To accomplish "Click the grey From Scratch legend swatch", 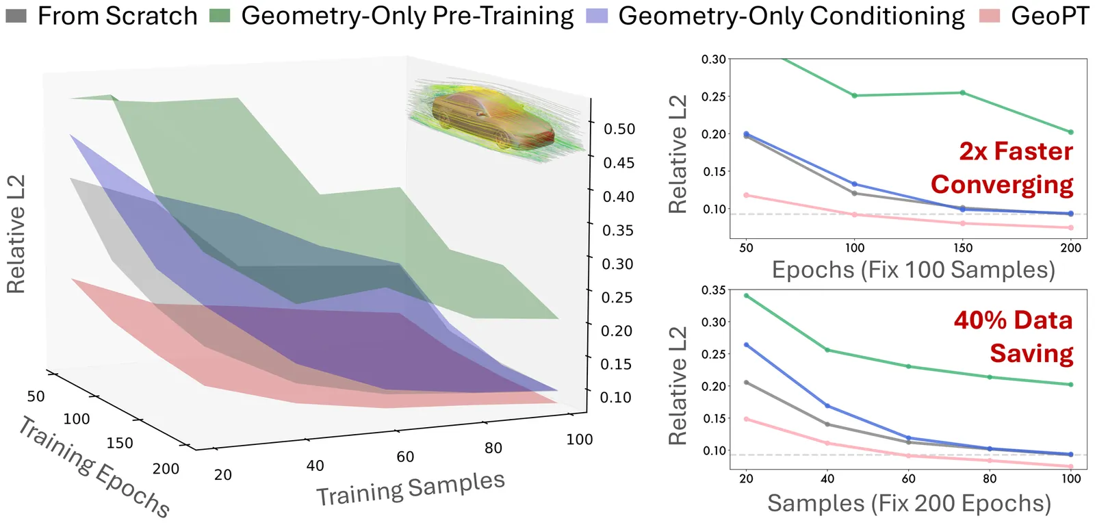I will coord(16,15).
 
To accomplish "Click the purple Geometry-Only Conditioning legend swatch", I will coord(597,15).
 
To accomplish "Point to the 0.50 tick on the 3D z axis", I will coord(619,129).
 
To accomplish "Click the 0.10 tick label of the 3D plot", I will coord(616,397).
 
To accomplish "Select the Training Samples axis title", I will coord(410,488).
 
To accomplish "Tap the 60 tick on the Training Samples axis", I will coord(405,457).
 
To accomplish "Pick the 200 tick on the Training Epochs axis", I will coord(166,469).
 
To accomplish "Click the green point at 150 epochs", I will coord(963,92).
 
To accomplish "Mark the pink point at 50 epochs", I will coord(746,195).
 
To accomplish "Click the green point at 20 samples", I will coord(746,296).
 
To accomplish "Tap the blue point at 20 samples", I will coord(746,345).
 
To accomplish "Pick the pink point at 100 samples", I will coord(1071,467).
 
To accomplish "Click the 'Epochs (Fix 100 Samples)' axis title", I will coord(913,270).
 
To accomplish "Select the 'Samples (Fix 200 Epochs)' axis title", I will coord(909,503).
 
